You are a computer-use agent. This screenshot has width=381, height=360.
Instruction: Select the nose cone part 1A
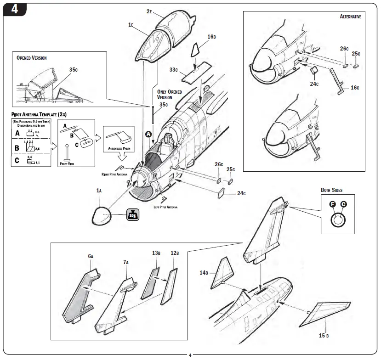pyautogui.click(x=103, y=216)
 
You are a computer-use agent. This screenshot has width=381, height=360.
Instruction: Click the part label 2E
pyautogui.click(x=149, y=11)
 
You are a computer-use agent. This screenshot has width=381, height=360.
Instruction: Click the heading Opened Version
pyautogui.click(x=32, y=58)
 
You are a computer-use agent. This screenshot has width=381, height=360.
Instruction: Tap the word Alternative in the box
pyautogui.click(x=350, y=17)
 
